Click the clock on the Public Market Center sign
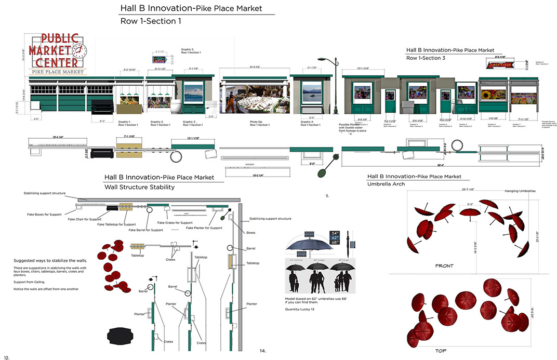coord(81,50)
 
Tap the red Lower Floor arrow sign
coord(500,64)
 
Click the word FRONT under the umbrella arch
coord(445,266)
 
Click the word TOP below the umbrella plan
coord(441,351)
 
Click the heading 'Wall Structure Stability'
coord(140,187)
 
